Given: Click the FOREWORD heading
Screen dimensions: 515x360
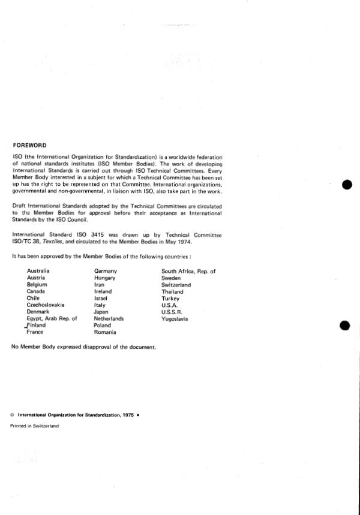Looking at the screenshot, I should [29, 144].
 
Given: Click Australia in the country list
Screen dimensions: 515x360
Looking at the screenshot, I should [38, 272].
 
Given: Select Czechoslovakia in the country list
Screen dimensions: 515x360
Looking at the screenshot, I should [46, 305].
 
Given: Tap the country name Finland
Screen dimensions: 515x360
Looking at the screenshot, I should [41, 326].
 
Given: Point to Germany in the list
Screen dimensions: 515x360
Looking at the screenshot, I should [106, 272].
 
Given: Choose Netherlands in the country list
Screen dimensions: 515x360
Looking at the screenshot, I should [109, 319].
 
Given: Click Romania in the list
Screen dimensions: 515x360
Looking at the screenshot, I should [106, 332].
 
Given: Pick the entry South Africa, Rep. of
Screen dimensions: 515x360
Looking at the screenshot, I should [188, 272].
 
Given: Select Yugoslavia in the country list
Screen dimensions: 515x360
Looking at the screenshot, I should [175, 319].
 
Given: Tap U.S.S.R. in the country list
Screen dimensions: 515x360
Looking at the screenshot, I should [173, 312].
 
